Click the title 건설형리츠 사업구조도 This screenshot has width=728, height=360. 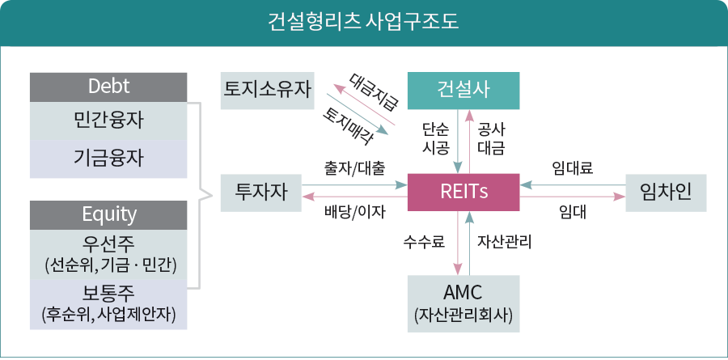click(x=363, y=21)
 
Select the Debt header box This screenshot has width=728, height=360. click(x=108, y=87)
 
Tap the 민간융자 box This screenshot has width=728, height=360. click(x=108, y=121)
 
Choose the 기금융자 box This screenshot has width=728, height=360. click(x=108, y=158)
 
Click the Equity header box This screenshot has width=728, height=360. click(x=108, y=214)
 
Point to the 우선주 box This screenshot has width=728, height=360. click(x=108, y=252)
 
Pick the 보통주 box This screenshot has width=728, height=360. click(x=108, y=303)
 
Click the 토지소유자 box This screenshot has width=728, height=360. click(x=268, y=90)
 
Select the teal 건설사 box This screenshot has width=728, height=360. click(x=463, y=90)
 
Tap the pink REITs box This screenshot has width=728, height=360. click(x=463, y=193)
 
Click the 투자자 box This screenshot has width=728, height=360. click(x=256, y=193)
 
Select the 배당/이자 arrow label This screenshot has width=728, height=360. click(x=354, y=213)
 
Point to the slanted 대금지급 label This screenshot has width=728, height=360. click(x=374, y=91)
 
